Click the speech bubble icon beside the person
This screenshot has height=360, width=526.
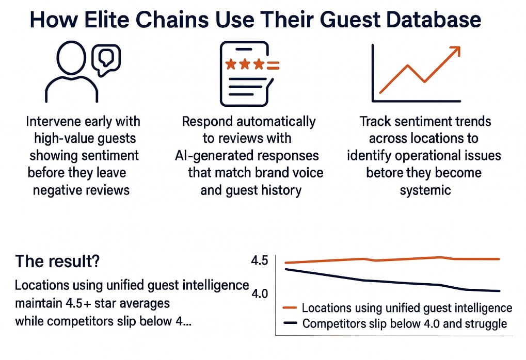coord(106,59)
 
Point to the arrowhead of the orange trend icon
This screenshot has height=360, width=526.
coord(455,51)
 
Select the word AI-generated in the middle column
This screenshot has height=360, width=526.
coord(210,156)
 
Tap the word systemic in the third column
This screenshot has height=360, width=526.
coord(425,190)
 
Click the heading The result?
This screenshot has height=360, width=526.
coord(58,261)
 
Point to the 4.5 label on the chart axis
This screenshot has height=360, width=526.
coord(260,260)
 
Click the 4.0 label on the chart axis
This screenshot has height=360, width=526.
coord(260,293)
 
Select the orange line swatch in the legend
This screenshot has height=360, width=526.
coord(290,308)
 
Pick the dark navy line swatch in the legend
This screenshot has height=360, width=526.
coord(290,324)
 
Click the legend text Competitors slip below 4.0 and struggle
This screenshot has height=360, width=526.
coord(405,324)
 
